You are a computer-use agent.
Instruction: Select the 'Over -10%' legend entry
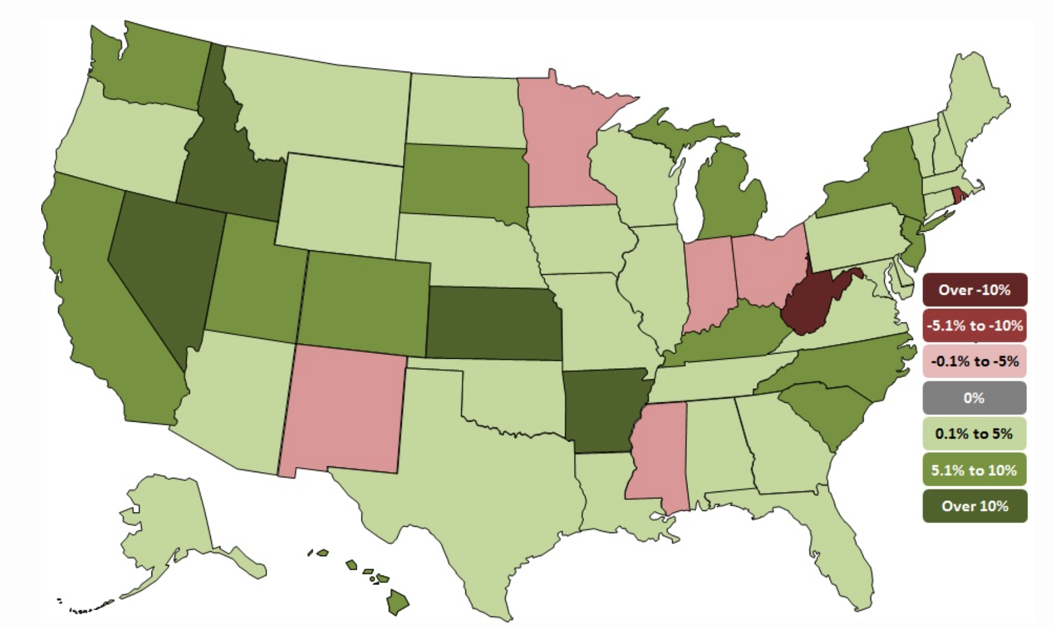pos(974,290)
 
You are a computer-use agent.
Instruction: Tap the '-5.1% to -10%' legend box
pos(974,325)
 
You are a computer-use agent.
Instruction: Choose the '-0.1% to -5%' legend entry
pos(974,361)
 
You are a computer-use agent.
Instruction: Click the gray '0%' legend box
pos(974,398)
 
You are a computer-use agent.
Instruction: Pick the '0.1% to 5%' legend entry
pos(974,433)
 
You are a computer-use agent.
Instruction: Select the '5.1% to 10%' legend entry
pos(974,470)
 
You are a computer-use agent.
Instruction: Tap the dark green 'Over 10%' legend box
pos(974,506)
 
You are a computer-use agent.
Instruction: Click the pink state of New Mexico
pos(344,411)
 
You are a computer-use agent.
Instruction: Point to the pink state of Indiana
pos(708,282)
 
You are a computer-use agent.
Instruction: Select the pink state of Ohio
pos(767,264)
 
